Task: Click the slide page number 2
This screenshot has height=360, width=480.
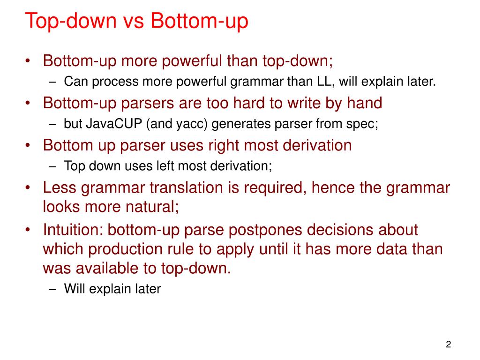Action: [x=448, y=345]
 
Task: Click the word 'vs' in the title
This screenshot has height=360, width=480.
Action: [x=133, y=22]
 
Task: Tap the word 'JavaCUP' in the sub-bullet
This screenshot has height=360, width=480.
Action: [x=104, y=124]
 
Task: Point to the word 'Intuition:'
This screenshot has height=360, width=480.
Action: [x=73, y=230]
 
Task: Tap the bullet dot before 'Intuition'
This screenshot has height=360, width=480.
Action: [x=29, y=230]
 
